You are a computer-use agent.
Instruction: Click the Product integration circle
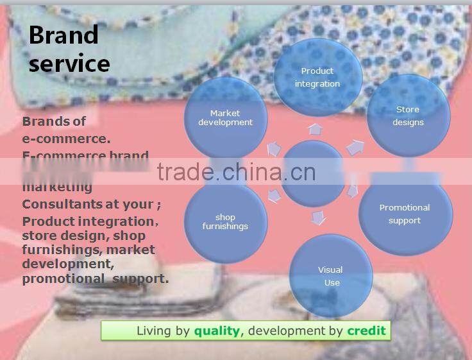pyautogui.click(x=317, y=76)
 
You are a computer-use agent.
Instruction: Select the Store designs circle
pyautogui.click(x=408, y=116)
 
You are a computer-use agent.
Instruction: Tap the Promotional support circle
pyautogui.click(x=405, y=214)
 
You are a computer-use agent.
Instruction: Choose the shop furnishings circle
pyautogui.click(x=225, y=221)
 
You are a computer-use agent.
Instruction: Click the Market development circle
pyautogui.click(x=225, y=118)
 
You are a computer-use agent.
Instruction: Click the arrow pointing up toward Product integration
pyautogui.click(x=315, y=129)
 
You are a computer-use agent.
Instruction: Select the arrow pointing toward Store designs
pyautogui.click(x=355, y=148)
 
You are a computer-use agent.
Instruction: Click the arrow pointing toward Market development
pyautogui.click(x=274, y=149)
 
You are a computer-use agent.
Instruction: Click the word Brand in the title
pyautogui.click(x=63, y=35)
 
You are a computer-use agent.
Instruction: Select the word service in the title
pyautogui.click(x=69, y=64)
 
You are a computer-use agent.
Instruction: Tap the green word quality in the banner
pyautogui.click(x=217, y=331)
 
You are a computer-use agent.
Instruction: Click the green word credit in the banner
pyautogui.click(x=367, y=331)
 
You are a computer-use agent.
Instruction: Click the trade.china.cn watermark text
pyautogui.click(x=236, y=173)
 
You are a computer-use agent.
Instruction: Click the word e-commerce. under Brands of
pyautogui.click(x=66, y=138)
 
